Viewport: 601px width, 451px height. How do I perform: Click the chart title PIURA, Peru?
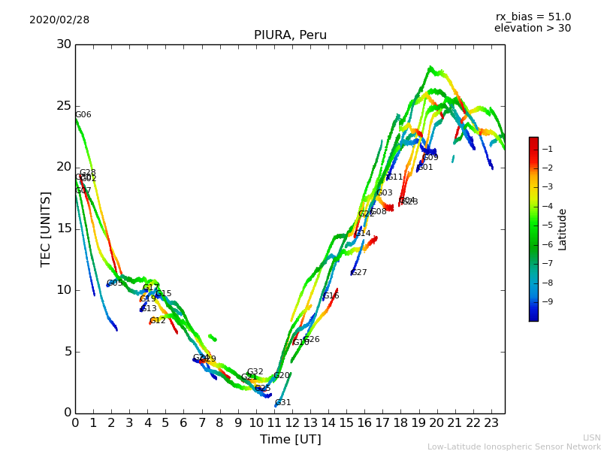[290, 35]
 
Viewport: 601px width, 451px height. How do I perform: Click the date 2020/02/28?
[59, 20]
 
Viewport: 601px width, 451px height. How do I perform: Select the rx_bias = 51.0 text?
[533, 17]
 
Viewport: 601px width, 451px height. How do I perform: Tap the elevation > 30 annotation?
[532, 29]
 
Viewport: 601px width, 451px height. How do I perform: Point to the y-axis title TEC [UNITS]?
[46, 229]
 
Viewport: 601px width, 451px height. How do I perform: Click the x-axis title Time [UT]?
[290, 440]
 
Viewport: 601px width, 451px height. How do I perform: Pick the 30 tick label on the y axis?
[64, 44]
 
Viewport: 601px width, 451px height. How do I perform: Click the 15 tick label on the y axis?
[64, 229]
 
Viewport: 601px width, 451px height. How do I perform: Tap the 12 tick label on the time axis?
[292, 423]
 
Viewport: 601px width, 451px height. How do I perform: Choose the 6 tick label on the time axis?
[184, 423]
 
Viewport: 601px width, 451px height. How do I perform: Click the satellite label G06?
[83, 115]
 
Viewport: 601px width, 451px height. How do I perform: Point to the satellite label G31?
[282, 403]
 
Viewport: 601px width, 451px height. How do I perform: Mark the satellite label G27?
[359, 273]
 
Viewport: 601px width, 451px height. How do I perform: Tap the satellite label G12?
[158, 321]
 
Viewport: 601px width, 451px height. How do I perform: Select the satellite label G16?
[331, 296]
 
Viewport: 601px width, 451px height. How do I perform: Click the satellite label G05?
[115, 283]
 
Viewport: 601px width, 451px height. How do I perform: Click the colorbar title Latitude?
[563, 229]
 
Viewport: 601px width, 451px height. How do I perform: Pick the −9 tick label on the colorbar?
[547, 302]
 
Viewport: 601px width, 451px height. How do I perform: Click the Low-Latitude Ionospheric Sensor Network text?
[514, 447]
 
